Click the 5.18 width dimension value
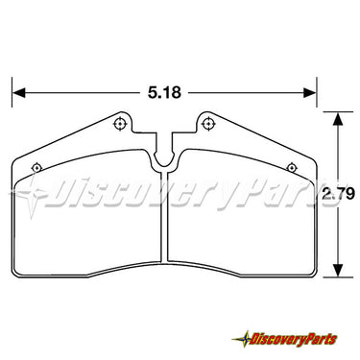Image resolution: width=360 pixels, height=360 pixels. pyautogui.click(x=164, y=93)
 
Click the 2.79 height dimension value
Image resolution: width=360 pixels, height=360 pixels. pyautogui.click(x=339, y=194)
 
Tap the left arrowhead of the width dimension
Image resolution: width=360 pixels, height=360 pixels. pyautogui.click(x=18, y=93)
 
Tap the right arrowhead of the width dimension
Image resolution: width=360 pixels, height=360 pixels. pyautogui.click(x=310, y=93)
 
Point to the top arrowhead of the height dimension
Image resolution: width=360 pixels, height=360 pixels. pyautogui.click(x=338, y=118)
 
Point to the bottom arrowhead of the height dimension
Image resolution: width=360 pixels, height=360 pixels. pyautogui.click(x=338, y=270)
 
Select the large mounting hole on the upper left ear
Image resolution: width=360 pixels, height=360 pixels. pyautogui.click(x=120, y=124)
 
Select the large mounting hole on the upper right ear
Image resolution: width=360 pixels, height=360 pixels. pyautogui.click(x=208, y=124)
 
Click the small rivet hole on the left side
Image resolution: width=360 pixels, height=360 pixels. pyautogui.click(x=36, y=168)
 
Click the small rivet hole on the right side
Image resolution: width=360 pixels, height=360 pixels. pyautogui.click(x=291, y=167)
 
